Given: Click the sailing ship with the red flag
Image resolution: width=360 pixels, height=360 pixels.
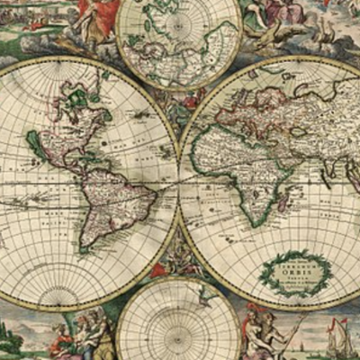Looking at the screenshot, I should [337, 337].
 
